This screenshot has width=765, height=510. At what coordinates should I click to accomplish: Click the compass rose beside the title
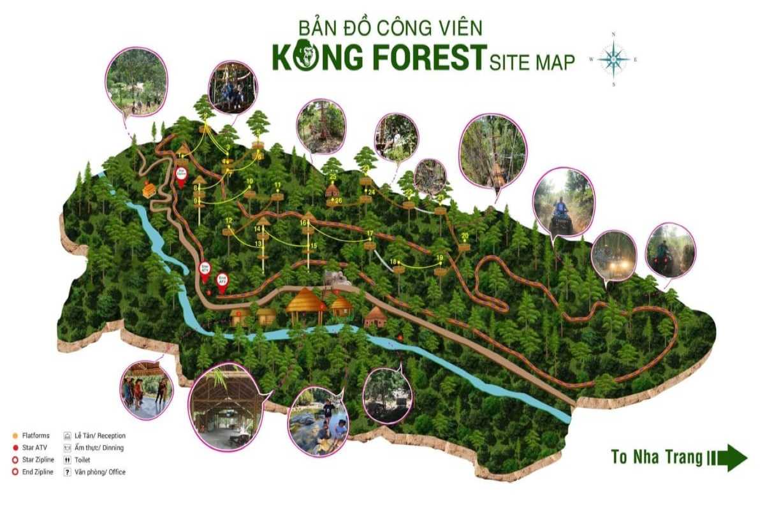[x=613, y=59]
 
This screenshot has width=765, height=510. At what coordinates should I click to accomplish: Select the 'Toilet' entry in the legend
[x=82, y=460]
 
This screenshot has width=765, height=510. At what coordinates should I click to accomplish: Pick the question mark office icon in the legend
[x=67, y=472]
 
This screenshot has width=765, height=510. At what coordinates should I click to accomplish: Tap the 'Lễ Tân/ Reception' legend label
[x=99, y=435]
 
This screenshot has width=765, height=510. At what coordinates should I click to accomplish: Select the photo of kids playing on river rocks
[x=318, y=421]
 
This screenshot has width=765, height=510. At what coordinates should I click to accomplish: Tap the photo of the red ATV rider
[x=562, y=203]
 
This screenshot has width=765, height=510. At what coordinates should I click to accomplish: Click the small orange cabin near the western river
[x=149, y=189]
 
